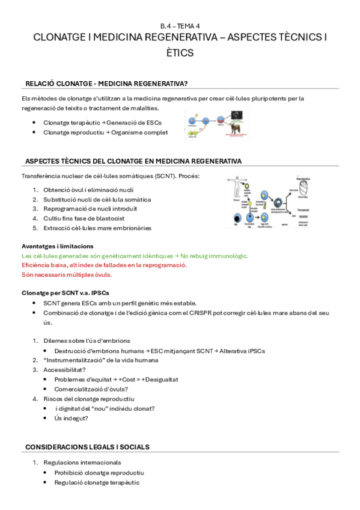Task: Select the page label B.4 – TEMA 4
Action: click(x=180, y=26)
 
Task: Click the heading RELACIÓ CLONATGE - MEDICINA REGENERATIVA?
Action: click(x=110, y=83)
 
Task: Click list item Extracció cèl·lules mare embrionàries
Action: click(x=97, y=228)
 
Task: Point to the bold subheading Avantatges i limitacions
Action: click(x=57, y=246)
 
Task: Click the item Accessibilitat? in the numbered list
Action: click(x=64, y=370)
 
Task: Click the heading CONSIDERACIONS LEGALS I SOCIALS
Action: click(x=87, y=447)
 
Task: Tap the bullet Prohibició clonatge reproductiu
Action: click(x=99, y=473)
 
